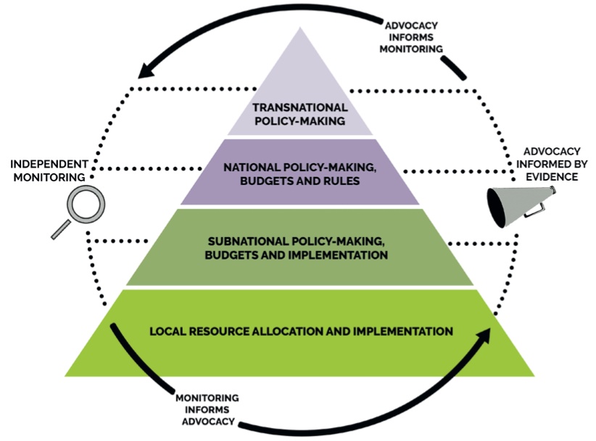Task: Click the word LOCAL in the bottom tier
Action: pos(169,331)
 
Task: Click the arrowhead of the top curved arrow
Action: pos(148,70)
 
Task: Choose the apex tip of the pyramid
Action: pos(300,29)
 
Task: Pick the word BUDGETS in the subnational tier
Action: pos(232,255)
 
